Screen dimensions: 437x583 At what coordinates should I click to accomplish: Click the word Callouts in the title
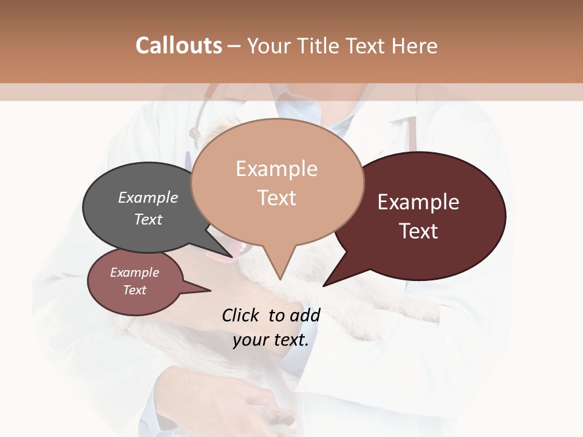179,46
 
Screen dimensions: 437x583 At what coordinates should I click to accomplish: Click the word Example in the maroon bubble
418,202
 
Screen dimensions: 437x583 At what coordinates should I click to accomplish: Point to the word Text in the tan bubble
277,198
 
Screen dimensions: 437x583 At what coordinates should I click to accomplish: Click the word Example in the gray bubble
148,198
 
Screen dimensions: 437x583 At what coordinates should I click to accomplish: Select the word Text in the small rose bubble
135,290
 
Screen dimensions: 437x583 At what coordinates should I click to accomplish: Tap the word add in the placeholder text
305,315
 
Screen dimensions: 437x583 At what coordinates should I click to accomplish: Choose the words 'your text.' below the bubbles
271,340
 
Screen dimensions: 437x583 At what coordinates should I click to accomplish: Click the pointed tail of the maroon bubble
324,285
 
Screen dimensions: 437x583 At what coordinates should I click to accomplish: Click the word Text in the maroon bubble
419,231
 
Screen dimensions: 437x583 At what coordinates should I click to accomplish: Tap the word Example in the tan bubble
277,169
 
